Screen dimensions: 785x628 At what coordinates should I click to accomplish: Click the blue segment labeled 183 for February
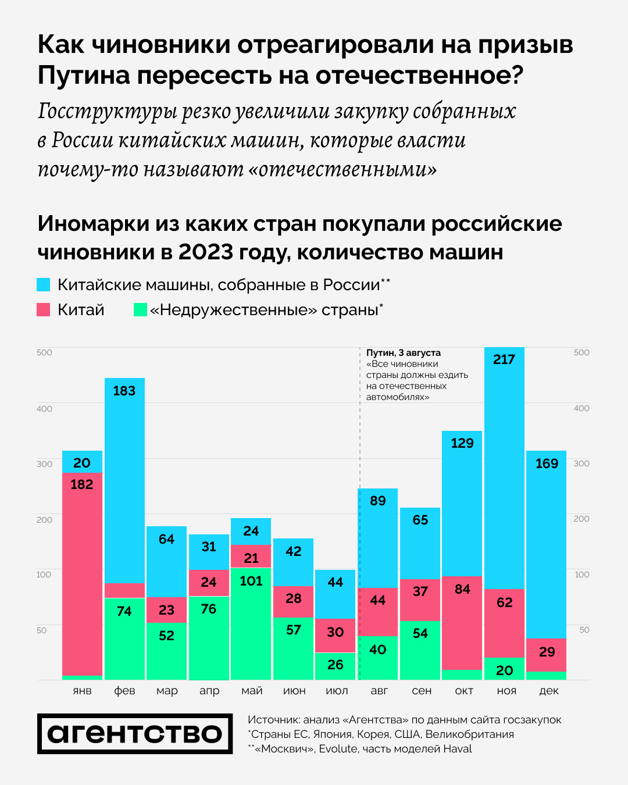tap(124, 480)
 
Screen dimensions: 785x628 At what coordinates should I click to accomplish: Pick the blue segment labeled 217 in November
tap(504, 468)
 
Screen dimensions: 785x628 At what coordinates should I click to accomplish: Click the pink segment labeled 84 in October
tap(462, 623)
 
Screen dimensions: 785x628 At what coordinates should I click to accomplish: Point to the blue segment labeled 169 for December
tap(547, 544)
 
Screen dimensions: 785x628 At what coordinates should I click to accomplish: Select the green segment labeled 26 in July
tap(336, 666)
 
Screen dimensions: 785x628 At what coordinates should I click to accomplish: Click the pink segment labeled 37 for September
tap(420, 600)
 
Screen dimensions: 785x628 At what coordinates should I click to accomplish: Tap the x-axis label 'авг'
tap(379, 691)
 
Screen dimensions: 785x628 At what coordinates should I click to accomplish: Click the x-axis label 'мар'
tap(167, 691)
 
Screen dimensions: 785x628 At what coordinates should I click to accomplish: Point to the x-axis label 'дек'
tap(549, 691)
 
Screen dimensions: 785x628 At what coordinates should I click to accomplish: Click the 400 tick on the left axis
tap(45, 409)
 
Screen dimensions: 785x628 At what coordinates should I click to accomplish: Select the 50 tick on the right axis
tap(584, 630)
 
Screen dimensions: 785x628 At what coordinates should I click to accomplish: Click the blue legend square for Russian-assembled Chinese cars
tap(44, 285)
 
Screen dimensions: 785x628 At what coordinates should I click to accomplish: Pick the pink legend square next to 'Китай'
tap(44, 310)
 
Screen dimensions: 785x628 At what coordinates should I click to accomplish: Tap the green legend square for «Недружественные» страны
tap(140, 310)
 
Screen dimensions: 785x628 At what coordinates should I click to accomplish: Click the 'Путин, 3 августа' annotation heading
tap(404, 353)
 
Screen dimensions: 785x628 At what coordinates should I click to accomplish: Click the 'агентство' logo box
tap(135, 734)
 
